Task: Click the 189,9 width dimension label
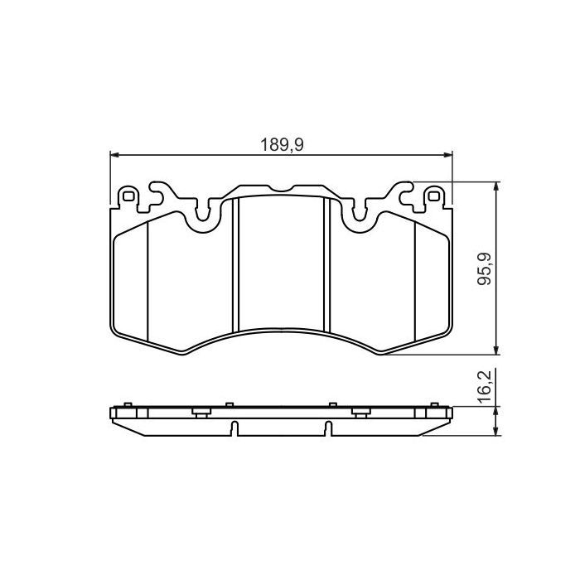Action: pos(282,144)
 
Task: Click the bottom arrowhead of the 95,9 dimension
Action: pos(495,350)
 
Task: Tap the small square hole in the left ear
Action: pos(128,196)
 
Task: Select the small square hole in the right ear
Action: pos(432,196)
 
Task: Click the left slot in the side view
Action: pos(235,428)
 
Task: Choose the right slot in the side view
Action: pos(328,428)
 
